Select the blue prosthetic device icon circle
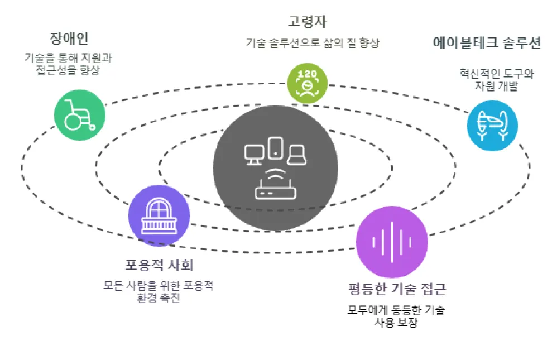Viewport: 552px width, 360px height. coord(492,126)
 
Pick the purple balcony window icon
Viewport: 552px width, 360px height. coord(159,215)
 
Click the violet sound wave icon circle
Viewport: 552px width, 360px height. coord(391,241)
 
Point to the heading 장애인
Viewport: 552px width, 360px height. coord(69,39)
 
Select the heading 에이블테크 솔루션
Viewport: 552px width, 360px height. coord(487,44)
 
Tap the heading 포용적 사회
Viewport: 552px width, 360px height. coord(160,265)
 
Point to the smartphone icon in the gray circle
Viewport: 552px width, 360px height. coord(275,147)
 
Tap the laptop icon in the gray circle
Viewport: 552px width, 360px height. coord(296,155)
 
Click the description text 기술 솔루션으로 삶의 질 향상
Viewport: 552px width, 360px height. coord(313,43)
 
